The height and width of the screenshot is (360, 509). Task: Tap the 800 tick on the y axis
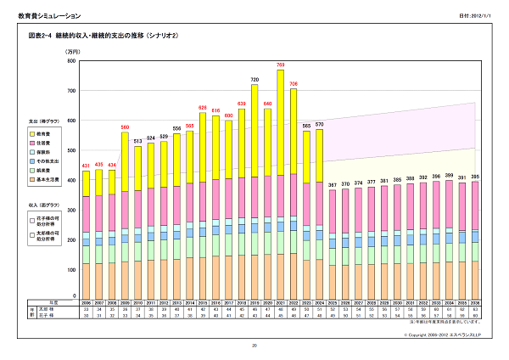[x=70, y=62]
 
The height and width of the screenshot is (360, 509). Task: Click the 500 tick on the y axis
[x=70, y=150]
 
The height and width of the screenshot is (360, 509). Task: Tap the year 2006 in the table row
[x=86, y=302]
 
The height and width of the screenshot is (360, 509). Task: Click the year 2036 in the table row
[x=475, y=302]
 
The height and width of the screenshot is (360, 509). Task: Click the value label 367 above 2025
[x=332, y=185]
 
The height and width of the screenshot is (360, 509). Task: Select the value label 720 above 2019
[x=254, y=79]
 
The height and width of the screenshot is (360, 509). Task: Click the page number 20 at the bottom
[x=254, y=346]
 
